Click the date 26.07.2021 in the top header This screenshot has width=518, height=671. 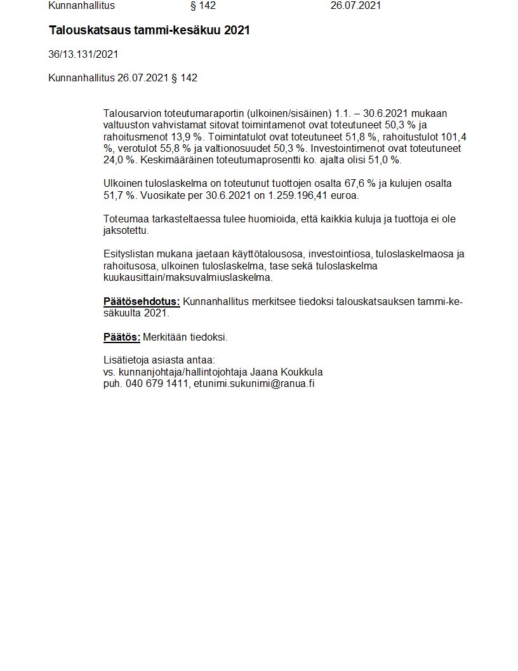[x=355, y=6]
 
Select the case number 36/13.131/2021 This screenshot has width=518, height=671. [x=83, y=55]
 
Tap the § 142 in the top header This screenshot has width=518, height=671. [x=203, y=6]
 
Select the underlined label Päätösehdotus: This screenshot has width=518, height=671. [x=142, y=302]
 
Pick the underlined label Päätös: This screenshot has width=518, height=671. [x=121, y=337]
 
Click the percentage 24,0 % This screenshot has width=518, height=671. [x=118, y=160]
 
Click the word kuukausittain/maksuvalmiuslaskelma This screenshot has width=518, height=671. [x=188, y=278]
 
